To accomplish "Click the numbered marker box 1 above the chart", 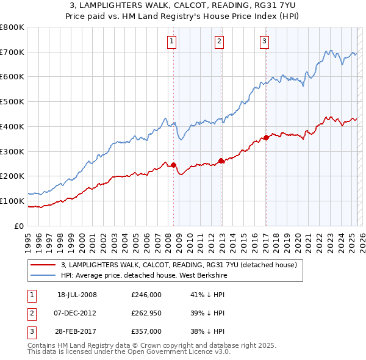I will (x=171, y=41).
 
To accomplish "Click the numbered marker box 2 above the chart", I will (x=218, y=41).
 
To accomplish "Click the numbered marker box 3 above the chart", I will (x=264, y=41).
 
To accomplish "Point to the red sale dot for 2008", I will (x=173, y=165).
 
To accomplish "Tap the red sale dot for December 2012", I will (x=221, y=161).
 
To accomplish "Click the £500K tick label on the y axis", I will (x=12, y=102).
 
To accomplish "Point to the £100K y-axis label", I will (x=12, y=201).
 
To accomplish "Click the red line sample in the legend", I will (x=42, y=265).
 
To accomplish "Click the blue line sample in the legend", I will (x=42, y=275).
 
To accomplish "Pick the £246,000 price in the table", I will (x=146, y=295).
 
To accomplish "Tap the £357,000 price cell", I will (x=146, y=331).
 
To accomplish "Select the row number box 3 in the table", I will (x=30, y=331).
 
